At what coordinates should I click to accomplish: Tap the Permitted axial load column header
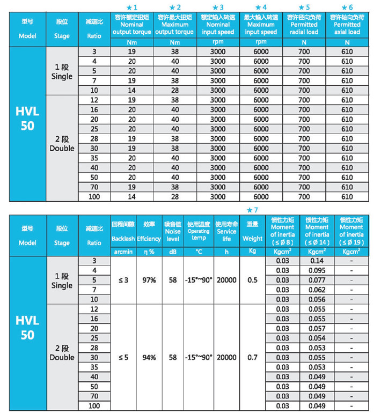click(x=347, y=25)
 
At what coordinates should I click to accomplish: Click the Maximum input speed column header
click(x=260, y=25)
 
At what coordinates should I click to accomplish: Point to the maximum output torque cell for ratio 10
click(x=174, y=90)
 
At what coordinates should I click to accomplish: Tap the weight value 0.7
click(x=252, y=357)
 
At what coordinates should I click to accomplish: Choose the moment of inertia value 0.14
click(x=317, y=260)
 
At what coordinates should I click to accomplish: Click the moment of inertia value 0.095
click(x=317, y=270)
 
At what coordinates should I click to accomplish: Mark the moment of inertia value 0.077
click(x=317, y=280)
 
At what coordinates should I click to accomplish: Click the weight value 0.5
click(x=252, y=280)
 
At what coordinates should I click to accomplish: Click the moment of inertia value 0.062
click(x=317, y=290)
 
